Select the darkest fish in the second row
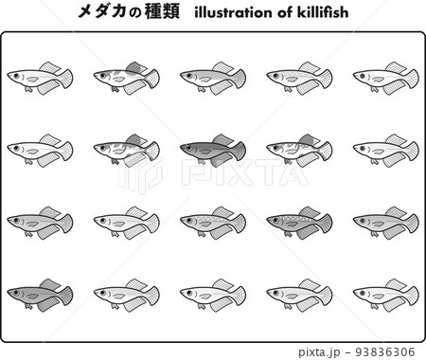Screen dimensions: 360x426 pos(212,149)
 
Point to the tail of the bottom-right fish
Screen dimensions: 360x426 pos(411,295)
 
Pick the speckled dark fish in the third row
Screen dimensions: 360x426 pos(298,223)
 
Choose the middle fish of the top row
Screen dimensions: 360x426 pos(212,77)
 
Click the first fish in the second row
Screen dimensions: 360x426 pos(39,149)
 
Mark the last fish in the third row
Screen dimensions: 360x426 pos(385,223)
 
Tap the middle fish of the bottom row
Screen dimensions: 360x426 pos(212,295)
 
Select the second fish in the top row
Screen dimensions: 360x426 pos(126,77)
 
